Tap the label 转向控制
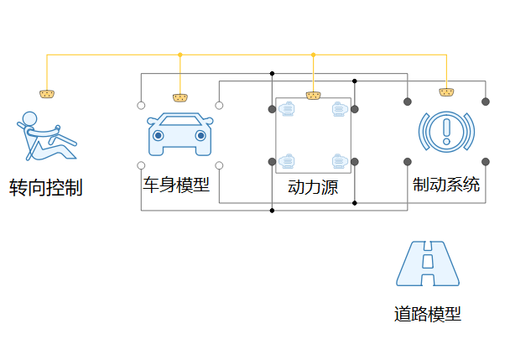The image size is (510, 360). tap(46, 187)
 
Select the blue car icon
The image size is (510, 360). tap(179, 134)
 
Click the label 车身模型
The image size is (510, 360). tap(176, 184)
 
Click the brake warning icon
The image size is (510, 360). tap(446, 131)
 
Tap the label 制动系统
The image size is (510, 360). tap(446, 184)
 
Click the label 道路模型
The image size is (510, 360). tap(427, 315)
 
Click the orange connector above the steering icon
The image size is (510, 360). tap(47, 91)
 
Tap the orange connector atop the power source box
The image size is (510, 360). tap(313, 96)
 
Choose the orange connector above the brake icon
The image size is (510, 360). tap(446, 91)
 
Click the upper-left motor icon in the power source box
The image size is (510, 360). tap(288, 109)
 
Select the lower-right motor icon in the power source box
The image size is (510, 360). tap(338, 160)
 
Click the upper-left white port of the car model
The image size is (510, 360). tap(141, 106)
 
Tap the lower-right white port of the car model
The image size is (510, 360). tap(219, 165)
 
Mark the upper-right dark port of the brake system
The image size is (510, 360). tap(485, 102)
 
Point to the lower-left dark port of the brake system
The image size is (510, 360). tap(408, 161)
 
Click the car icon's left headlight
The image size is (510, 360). tap(158, 135)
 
